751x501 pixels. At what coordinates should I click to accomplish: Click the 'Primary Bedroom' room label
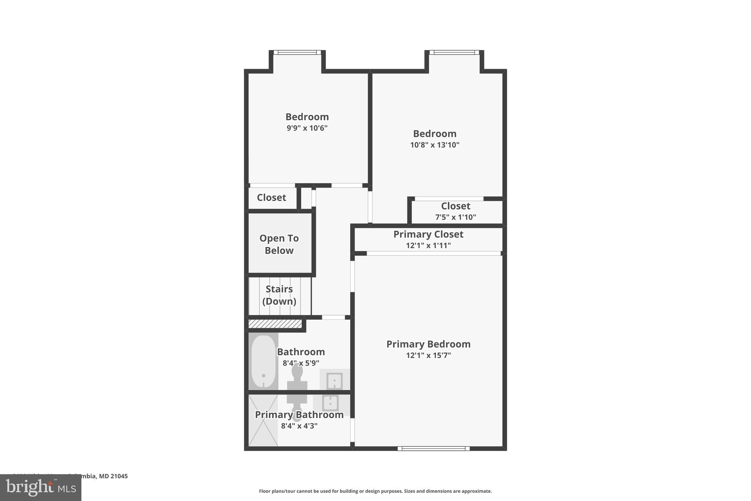point(428,344)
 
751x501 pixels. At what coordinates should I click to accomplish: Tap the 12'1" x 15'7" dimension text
point(428,355)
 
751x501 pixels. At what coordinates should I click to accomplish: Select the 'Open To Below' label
point(279,244)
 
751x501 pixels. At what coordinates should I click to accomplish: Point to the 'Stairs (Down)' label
point(279,295)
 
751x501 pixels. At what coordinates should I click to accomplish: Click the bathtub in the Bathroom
point(263,361)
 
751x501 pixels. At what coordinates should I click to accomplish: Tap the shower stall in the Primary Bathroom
point(263,421)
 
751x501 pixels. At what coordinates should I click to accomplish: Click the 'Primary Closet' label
point(428,234)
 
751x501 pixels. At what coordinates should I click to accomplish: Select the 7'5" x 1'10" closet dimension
point(455,217)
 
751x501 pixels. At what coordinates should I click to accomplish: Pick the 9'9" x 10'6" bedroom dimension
point(307,128)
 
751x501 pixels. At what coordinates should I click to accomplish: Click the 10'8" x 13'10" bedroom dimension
point(435,145)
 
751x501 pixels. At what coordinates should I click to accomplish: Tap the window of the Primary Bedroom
point(433,448)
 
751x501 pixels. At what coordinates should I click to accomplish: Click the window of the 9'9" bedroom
point(297,52)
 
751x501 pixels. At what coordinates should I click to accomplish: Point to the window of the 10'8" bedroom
point(454,52)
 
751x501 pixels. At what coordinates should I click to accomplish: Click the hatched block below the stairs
point(275,324)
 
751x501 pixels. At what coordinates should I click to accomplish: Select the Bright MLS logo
point(41,487)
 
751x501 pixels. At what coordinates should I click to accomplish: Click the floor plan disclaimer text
point(375,491)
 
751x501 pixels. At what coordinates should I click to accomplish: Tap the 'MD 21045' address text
point(113,476)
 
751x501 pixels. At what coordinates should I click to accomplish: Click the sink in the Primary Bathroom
point(330,403)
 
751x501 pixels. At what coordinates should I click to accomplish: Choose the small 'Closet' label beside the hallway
point(271,197)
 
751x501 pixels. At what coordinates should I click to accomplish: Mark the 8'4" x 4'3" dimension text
point(299,426)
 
